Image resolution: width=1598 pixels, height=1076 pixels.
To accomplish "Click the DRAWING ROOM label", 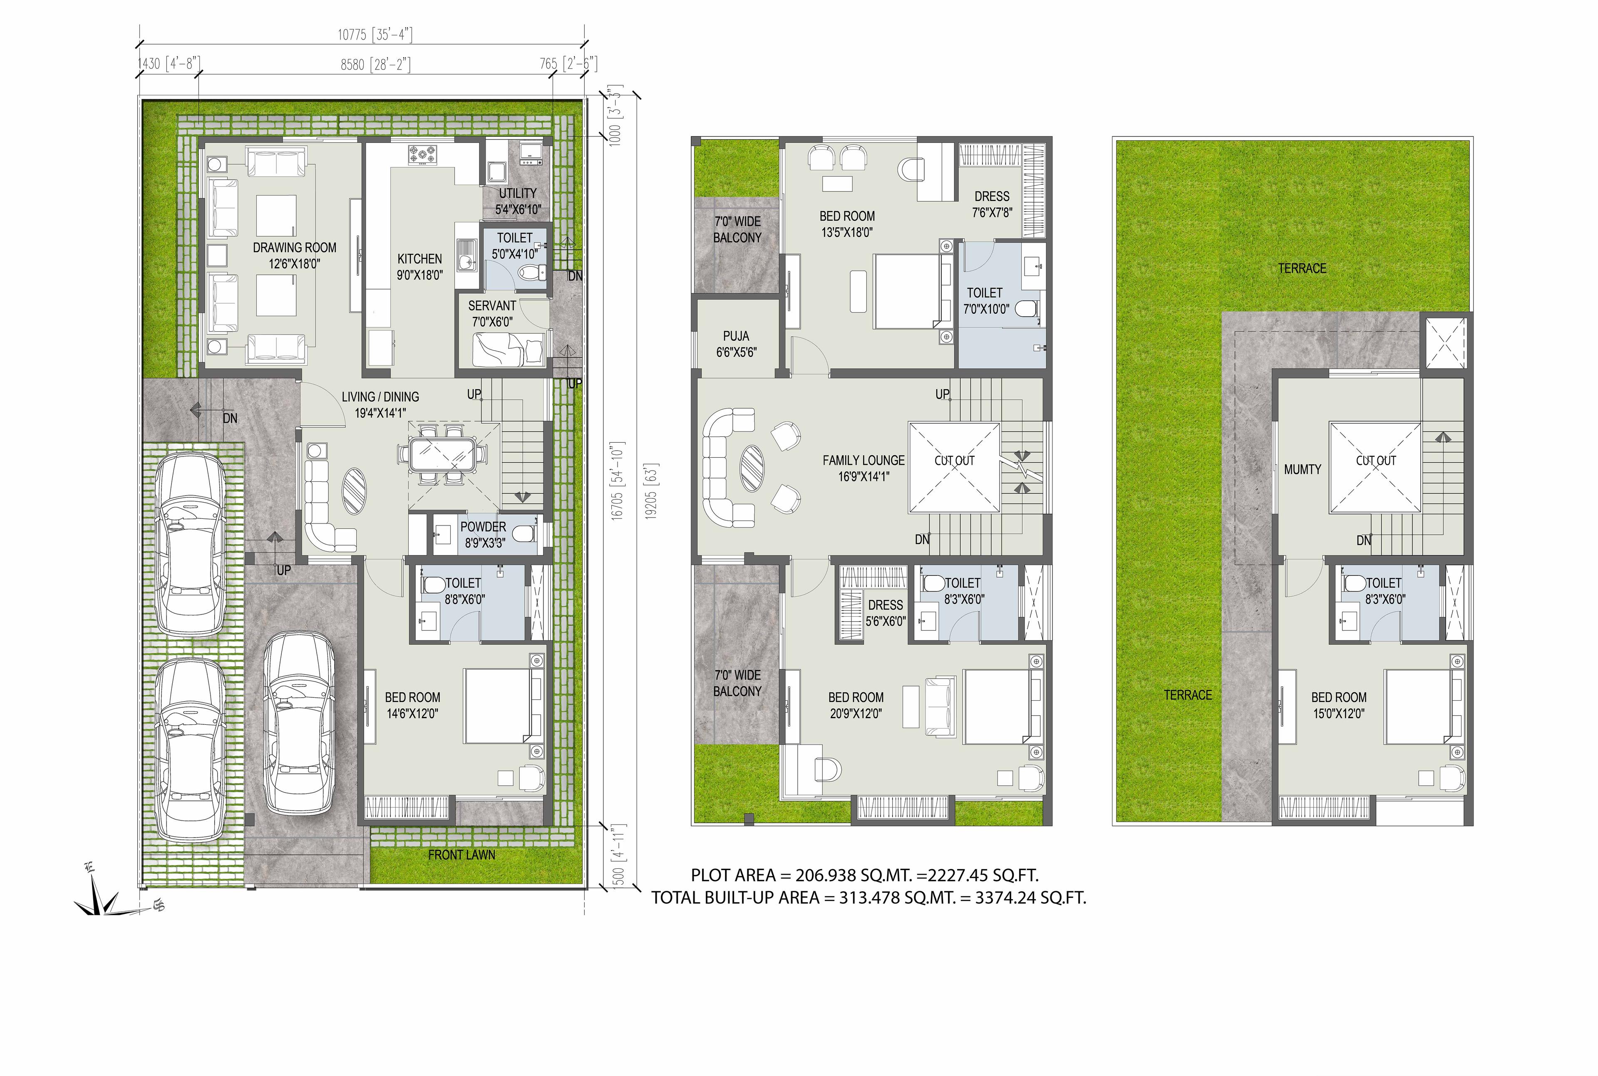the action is [294, 255].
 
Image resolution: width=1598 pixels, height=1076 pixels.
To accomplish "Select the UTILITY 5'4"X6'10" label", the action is [518, 201].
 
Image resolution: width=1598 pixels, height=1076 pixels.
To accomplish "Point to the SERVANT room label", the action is [492, 313].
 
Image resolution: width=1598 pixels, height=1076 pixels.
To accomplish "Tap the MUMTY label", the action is [1302, 469].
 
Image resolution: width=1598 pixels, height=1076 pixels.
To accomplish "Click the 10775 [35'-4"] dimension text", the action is [375, 34].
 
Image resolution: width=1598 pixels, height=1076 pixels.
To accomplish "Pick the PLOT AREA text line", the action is [864, 875].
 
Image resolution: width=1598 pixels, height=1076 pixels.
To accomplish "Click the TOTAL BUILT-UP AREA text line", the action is [868, 897].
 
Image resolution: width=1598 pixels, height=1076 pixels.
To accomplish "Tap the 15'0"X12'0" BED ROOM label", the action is [1339, 705].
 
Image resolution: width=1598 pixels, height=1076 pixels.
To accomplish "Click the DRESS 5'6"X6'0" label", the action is [885, 613].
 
